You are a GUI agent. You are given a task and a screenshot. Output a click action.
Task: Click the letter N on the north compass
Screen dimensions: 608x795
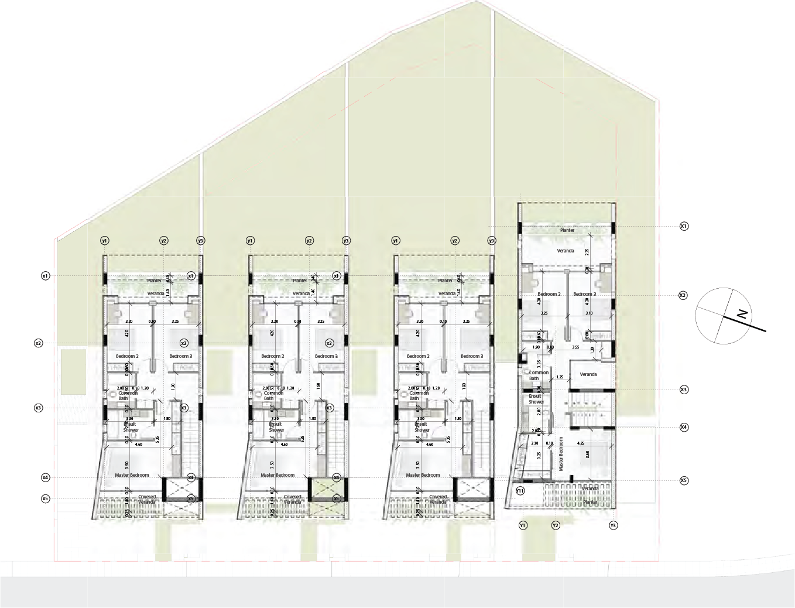[x=743, y=314]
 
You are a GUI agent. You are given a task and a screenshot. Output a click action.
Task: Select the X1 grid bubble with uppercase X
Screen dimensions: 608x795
[x=683, y=226]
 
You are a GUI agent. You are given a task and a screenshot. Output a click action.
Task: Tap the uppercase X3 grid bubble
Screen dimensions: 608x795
[x=683, y=390]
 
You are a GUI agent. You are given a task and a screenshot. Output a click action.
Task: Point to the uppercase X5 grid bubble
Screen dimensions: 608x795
[x=683, y=480]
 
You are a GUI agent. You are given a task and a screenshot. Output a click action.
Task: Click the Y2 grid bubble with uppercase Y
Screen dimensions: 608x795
[x=556, y=525]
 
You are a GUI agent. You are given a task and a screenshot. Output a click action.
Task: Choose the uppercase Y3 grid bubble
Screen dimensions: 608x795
[x=613, y=525]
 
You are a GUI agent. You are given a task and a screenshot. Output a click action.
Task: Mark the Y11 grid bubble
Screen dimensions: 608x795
[x=520, y=490]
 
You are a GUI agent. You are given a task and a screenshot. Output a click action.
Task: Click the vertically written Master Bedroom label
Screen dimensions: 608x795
[x=561, y=454]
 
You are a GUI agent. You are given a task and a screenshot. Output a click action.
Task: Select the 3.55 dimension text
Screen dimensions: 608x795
[x=575, y=347]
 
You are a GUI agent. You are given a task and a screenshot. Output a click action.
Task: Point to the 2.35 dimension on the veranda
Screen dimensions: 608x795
[x=587, y=251]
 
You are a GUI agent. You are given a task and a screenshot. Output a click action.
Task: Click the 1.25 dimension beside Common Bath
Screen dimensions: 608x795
[x=560, y=377]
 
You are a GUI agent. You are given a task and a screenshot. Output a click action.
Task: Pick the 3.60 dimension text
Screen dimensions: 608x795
[x=587, y=455]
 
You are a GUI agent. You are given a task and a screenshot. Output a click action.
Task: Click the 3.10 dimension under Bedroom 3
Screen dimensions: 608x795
[x=588, y=313]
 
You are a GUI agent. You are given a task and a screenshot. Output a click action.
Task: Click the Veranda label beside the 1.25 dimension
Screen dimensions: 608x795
[x=588, y=374]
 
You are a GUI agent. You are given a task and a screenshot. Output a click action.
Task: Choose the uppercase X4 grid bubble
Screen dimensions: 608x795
[x=683, y=428]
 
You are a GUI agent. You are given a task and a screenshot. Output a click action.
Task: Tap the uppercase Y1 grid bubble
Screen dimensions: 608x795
[x=523, y=525]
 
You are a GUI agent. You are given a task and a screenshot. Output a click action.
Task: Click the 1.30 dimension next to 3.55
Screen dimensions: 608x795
[x=592, y=350]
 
